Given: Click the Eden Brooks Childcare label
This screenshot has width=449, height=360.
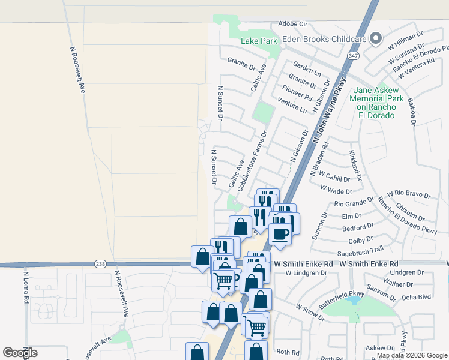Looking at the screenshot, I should (324, 39).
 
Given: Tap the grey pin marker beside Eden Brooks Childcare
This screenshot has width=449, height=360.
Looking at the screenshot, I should (376, 38).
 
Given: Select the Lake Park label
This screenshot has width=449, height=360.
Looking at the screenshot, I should (259, 41).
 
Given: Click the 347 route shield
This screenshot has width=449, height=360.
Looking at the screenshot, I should (353, 56).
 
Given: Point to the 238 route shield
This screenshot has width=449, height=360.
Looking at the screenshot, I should (100, 263).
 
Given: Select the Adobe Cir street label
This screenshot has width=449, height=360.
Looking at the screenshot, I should (292, 25).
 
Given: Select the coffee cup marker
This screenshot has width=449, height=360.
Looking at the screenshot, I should (279, 233).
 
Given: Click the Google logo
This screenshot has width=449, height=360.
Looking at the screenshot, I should (20, 353).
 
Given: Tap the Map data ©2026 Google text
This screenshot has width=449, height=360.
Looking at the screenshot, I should (411, 356).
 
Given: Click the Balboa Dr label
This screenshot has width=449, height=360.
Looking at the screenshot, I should (411, 112).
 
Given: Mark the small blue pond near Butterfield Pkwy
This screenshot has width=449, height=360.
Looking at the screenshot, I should (354, 299).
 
